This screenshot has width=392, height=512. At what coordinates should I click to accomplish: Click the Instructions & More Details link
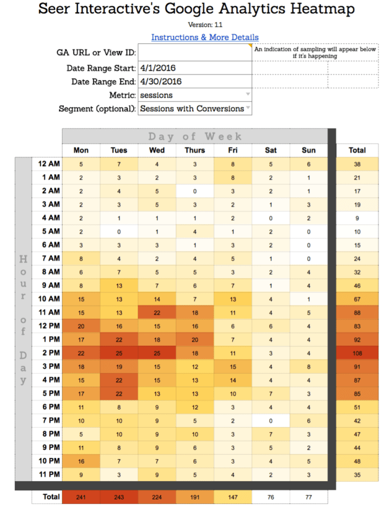(205, 38)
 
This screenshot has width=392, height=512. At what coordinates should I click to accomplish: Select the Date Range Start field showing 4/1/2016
(195, 68)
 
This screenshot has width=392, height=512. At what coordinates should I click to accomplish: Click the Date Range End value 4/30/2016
(195, 81)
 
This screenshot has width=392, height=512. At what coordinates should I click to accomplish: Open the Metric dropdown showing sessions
(195, 95)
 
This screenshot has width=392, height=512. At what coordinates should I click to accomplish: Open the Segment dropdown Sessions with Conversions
(195, 109)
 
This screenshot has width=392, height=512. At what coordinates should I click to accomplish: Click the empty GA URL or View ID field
(195, 53)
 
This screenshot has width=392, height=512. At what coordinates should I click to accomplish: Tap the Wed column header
(157, 150)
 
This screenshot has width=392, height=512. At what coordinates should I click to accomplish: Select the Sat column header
(271, 150)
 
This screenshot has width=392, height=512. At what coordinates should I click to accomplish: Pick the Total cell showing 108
(357, 353)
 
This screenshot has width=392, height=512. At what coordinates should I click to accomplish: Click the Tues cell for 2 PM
(119, 353)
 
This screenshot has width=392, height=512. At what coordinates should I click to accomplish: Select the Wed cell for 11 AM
(157, 312)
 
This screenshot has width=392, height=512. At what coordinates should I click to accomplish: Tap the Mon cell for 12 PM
(81, 326)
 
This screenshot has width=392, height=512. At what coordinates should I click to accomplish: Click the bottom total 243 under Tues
(119, 497)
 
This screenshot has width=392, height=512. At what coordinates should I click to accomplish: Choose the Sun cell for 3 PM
(310, 366)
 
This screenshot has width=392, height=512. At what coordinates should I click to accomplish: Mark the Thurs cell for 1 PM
(195, 340)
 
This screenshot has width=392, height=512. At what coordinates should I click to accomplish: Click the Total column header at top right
(357, 150)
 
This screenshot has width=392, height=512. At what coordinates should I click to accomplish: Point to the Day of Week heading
(195, 137)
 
